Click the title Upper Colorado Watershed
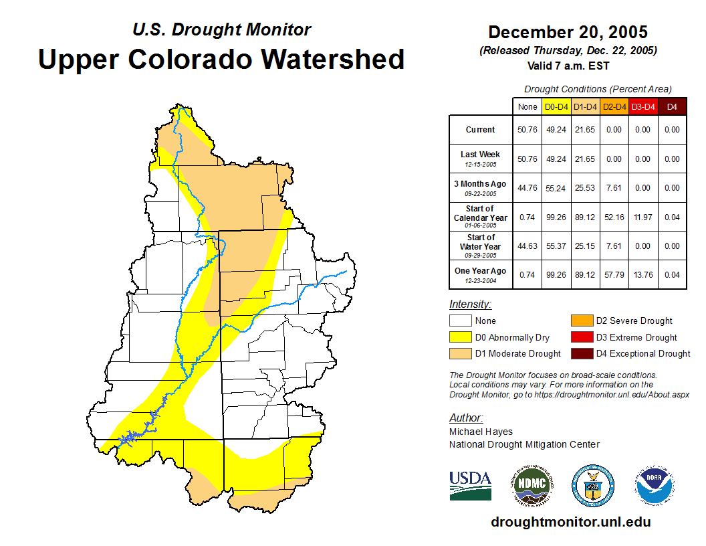click(x=221, y=59)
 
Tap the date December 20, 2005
click(x=568, y=32)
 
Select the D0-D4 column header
click(x=556, y=106)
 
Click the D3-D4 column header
click(x=642, y=106)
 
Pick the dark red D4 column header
click(x=673, y=106)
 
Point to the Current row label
click(x=481, y=130)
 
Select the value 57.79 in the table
click(x=614, y=275)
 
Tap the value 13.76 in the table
click(x=642, y=275)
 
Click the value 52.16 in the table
click(x=614, y=217)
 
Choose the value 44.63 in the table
click(x=527, y=246)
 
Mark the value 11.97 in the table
click(x=642, y=217)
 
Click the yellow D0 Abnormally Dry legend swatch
click(x=460, y=337)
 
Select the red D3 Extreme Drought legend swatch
click(x=581, y=337)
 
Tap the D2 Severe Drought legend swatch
click(x=581, y=321)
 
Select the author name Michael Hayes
click(x=481, y=432)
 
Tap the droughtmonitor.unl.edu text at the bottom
click(x=570, y=522)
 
